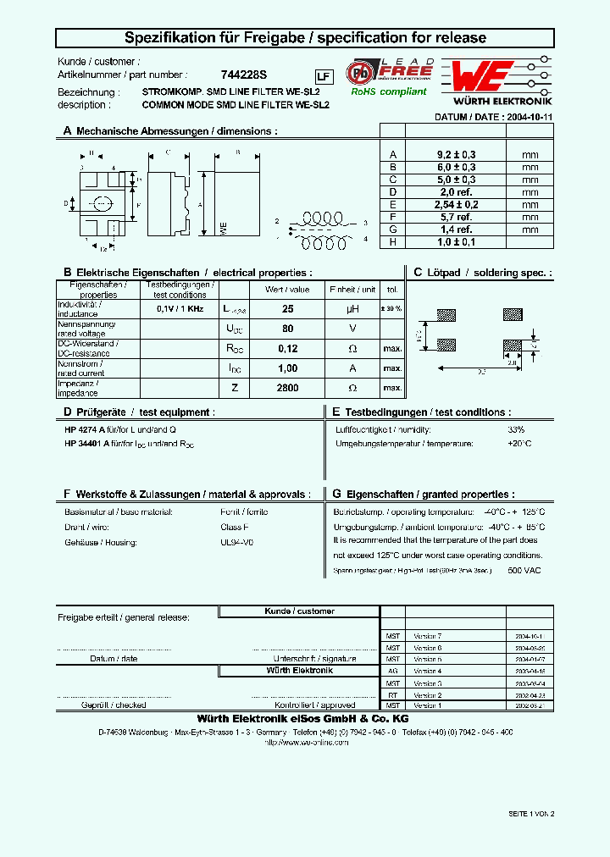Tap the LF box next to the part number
323,75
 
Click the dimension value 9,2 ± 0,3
456,155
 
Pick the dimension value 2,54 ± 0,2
456,204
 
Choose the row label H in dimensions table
391,241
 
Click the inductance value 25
287,310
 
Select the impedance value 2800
287,387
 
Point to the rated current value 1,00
287,368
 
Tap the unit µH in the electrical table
353,310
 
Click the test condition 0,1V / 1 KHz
180,310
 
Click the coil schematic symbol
321,229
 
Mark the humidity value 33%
516,429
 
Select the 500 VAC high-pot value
524,571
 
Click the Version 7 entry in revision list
427,635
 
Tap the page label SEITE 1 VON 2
531,813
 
